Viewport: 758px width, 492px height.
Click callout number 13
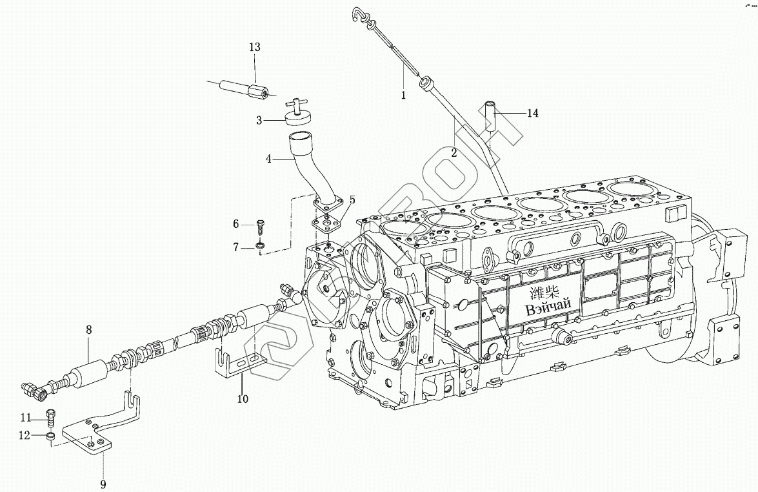(x=254, y=47)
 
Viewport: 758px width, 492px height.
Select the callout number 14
(x=532, y=114)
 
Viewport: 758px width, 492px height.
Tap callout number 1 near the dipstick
(x=403, y=96)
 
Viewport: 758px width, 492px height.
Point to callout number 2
(x=454, y=153)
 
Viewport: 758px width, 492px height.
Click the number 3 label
(x=258, y=121)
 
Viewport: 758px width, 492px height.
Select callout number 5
(x=352, y=200)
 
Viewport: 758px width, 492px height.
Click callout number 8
(x=88, y=330)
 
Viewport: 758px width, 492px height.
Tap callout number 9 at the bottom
(x=103, y=484)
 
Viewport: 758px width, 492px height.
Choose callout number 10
(x=242, y=399)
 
